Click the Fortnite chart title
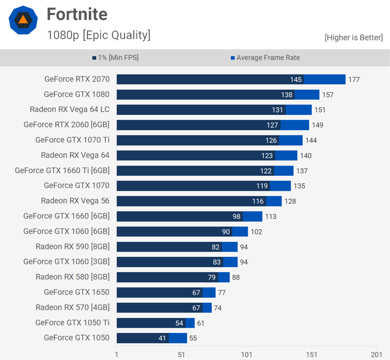tap(77, 14)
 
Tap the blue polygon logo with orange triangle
tap(23, 20)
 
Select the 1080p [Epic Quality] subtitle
tap(99, 35)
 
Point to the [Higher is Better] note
tap(354, 37)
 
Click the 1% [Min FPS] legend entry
tap(116, 58)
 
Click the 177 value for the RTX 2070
tap(354, 79)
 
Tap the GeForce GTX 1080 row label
tap(77, 94)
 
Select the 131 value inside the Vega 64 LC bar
tap(277, 110)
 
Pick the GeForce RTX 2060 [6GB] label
tap(66, 124)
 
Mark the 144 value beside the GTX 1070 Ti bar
tap(311, 140)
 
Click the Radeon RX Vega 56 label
tap(75, 201)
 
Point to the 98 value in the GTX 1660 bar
tap(237, 217)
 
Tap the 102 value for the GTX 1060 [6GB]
tap(256, 232)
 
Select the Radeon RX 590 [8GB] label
tap(72, 247)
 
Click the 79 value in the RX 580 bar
tap(212, 277)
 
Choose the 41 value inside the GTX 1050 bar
tap(162, 338)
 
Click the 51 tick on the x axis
tap(181, 355)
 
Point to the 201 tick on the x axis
tap(376, 355)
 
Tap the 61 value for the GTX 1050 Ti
tap(201, 323)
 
